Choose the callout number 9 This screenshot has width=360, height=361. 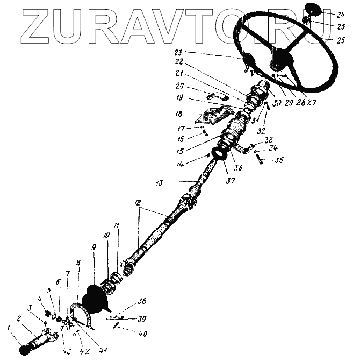click(94, 247)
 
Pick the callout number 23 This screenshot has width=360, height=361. click(179, 52)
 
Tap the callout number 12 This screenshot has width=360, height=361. click(138, 203)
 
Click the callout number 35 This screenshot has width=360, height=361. click(279, 160)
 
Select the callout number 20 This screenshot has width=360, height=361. click(179, 86)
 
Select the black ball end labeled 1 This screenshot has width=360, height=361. click(23, 350)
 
